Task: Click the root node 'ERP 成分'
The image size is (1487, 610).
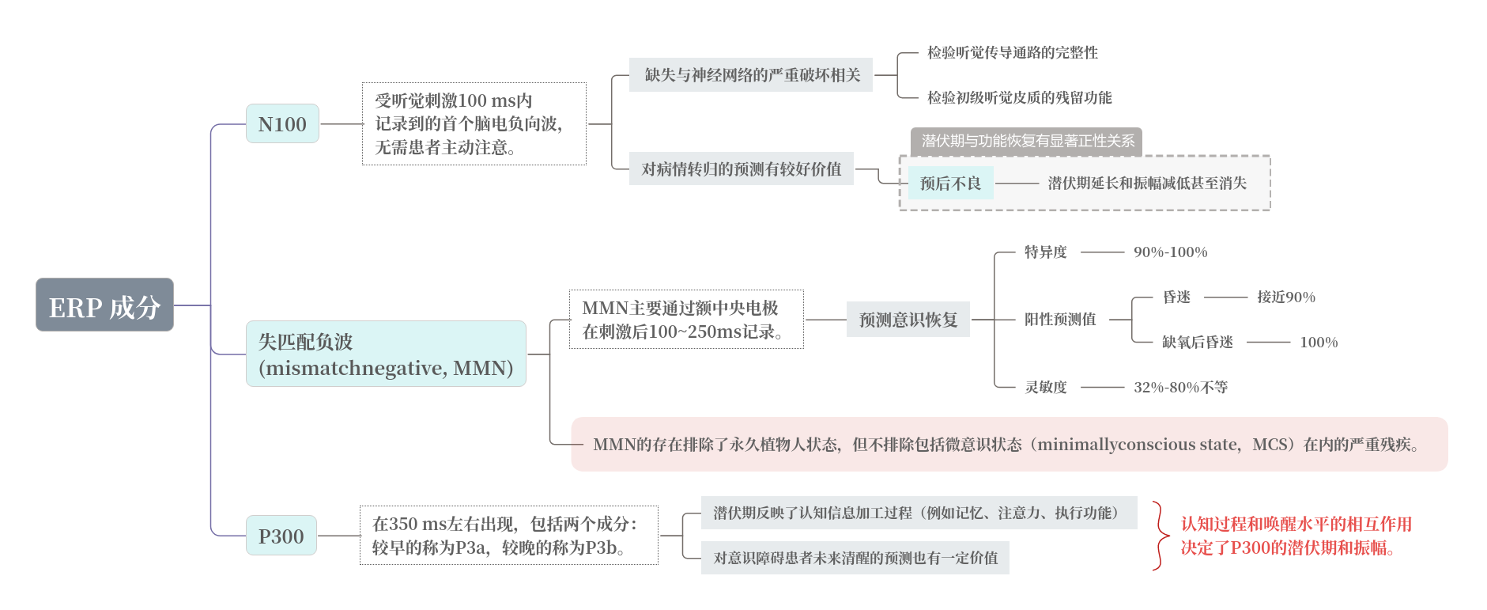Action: click(x=104, y=305)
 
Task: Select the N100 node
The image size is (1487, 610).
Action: click(x=282, y=124)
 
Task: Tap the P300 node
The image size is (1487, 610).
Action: click(x=281, y=536)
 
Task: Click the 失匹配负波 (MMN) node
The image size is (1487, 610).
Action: click(x=386, y=354)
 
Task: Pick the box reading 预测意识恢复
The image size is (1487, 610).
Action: click(x=908, y=320)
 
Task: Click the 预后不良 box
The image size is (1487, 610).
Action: click(x=950, y=184)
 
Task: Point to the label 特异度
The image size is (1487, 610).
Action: click(x=1045, y=252)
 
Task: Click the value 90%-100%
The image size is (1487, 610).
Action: click(x=1170, y=252)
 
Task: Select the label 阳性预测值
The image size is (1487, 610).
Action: click(x=1060, y=320)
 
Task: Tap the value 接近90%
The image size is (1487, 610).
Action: click(x=1286, y=297)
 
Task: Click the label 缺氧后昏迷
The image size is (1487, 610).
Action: click(x=1197, y=343)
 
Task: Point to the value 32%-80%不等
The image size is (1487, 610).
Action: click(x=1180, y=388)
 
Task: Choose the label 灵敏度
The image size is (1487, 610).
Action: click(x=1045, y=388)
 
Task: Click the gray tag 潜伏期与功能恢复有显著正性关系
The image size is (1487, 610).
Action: click(x=1027, y=141)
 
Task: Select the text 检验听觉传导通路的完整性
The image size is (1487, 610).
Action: click(x=1013, y=53)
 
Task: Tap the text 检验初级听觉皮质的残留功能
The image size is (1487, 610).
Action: click(x=1020, y=98)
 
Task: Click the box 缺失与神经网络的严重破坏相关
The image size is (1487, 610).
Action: click(x=751, y=75)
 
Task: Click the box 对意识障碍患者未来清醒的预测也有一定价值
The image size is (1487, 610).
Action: click(x=855, y=558)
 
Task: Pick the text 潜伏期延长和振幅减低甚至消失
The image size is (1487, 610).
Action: click(x=1147, y=184)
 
